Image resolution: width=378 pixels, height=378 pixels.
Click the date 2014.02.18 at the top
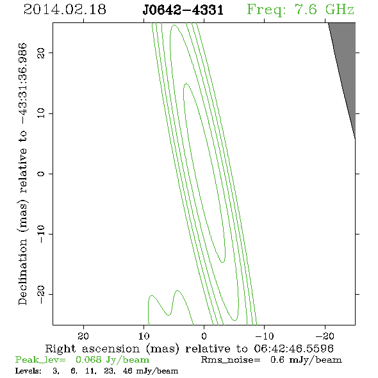[65, 10]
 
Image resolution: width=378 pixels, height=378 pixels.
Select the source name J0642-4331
[183, 10]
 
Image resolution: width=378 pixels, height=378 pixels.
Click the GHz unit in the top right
[340, 10]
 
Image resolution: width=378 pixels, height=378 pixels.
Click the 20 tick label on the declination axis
[41, 53]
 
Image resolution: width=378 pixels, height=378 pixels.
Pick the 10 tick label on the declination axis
[41, 113]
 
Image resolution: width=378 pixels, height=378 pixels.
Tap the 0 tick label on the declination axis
[41, 174]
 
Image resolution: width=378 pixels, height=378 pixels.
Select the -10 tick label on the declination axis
[41, 234]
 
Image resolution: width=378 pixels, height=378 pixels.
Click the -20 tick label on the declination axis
[41, 294]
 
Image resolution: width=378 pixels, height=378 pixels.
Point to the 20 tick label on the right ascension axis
[83, 336]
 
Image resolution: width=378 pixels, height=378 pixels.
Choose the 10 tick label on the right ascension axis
[144, 336]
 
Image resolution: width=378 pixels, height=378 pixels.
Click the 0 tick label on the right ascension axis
[204, 336]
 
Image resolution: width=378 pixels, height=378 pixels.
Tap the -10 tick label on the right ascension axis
[265, 336]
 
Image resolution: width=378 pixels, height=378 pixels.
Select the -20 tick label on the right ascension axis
[325, 336]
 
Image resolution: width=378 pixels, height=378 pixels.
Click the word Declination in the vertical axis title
[22, 272]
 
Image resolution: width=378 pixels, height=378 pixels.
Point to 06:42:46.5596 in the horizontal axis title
[293, 349]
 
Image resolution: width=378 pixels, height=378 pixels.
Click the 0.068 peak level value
[88, 359]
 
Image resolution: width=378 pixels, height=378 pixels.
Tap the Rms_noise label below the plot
[231, 360]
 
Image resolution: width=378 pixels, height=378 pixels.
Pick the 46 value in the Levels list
[127, 370]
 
